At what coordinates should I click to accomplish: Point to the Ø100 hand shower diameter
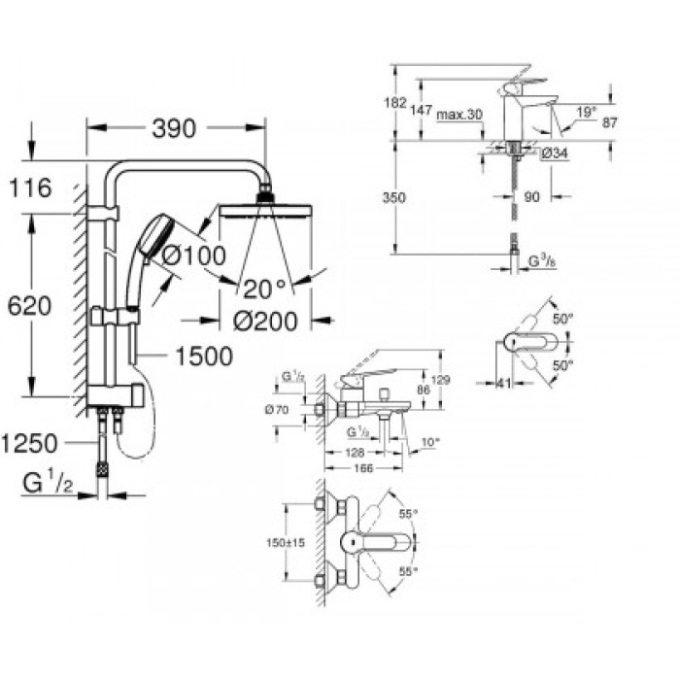198,255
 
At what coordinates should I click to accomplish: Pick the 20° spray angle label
265,287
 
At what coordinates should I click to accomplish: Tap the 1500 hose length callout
204,357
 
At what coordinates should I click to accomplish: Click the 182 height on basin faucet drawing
394,102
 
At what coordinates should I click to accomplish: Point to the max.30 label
459,115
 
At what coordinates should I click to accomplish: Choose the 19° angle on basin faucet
586,113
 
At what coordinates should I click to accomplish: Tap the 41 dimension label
503,384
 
